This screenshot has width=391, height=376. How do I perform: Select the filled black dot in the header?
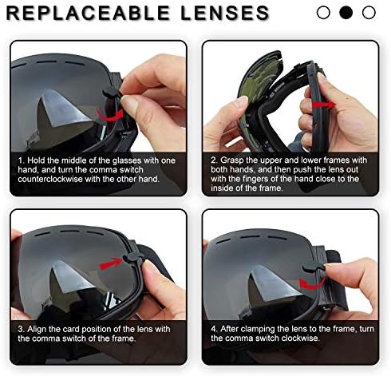(x=346, y=13)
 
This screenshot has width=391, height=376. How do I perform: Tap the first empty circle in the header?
(x=324, y=13)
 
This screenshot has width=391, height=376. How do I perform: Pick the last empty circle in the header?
(x=368, y=13)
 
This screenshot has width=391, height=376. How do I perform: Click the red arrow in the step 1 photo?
(x=114, y=117)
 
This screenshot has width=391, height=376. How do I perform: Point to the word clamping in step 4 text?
(x=262, y=329)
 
